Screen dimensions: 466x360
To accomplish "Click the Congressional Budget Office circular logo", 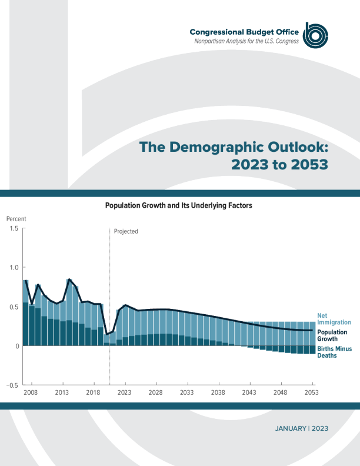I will pyautogui.click(x=315, y=35).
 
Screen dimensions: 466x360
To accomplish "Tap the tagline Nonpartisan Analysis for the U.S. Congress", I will pyautogui.click(x=246, y=41).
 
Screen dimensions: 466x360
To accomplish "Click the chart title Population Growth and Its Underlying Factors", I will pyautogui.click(x=178, y=206).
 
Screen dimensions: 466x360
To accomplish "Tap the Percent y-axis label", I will pyautogui.click(x=16, y=219).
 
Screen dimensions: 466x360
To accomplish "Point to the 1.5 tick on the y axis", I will pyautogui.click(x=14, y=228).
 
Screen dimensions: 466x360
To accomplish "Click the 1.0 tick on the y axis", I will pyautogui.click(x=14, y=268).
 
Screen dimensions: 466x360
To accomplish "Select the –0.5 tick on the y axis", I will pyautogui.click(x=12, y=385).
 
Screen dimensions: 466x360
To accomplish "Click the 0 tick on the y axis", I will pyautogui.click(x=16, y=346).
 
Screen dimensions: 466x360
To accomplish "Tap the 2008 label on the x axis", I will pyautogui.click(x=31, y=392).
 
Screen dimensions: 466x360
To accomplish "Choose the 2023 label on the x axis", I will pyautogui.click(x=124, y=392).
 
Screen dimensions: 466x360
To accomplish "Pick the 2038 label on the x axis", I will pyautogui.click(x=218, y=392).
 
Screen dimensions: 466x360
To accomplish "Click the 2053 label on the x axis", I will pyautogui.click(x=311, y=392).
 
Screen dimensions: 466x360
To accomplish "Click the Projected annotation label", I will pyautogui.click(x=126, y=231).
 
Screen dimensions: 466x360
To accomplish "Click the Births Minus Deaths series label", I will pyautogui.click(x=335, y=352).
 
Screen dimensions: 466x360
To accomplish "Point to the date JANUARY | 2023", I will pyautogui.click(x=301, y=428).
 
